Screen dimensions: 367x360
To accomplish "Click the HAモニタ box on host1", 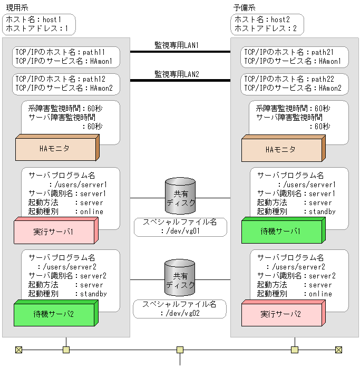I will [55, 148].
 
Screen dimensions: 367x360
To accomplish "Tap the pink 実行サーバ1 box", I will [53, 231].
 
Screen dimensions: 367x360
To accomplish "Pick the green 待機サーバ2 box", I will [53, 314].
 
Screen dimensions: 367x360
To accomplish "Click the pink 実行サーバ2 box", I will [280, 314].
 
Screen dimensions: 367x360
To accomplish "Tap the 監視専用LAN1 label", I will [177, 45].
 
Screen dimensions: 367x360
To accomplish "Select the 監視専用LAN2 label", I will [177, 74].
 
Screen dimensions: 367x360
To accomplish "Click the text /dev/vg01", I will [184, 231].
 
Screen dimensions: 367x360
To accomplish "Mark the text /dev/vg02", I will [184, 313].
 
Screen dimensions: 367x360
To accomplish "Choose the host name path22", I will [323, 79].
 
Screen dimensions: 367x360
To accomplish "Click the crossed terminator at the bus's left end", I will [19, 350].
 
